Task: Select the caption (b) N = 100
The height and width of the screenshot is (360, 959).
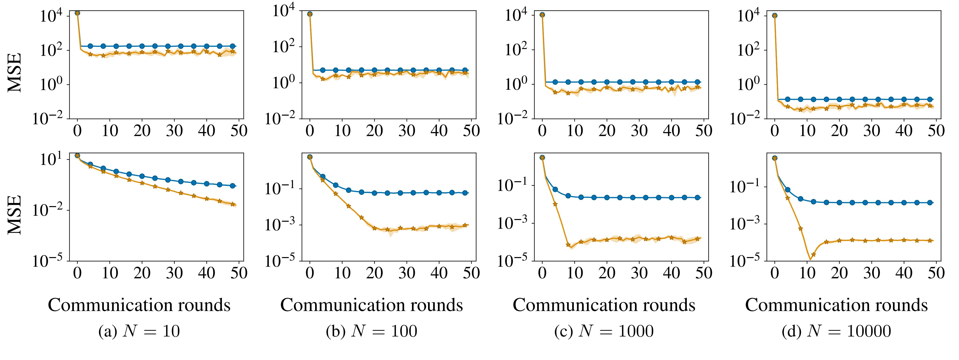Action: pos(371,331)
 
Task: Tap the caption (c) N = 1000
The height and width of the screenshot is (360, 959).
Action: pos(604,331)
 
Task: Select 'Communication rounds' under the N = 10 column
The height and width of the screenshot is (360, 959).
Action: pos(139,305)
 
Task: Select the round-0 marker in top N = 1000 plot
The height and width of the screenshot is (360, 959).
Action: pos(542,15)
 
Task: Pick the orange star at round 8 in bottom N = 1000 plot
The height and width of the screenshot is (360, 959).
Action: pos(568,245)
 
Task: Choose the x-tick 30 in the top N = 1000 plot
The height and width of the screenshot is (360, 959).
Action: pos(639,131)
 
